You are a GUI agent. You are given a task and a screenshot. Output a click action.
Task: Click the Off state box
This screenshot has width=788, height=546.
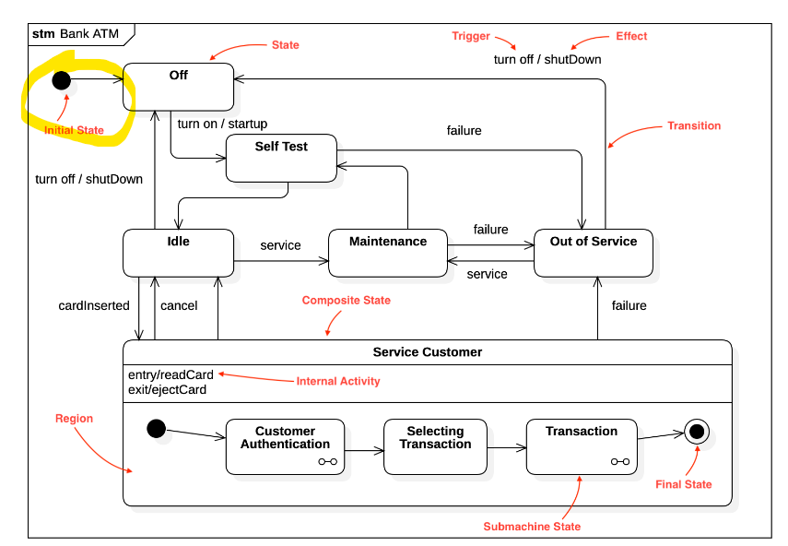pyautogui.click(x=178, y=86)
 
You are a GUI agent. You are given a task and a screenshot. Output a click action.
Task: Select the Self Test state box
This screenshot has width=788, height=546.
pyautogui.click(x=281, y=158)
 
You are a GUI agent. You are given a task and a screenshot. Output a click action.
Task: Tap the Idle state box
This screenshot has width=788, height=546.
pyautogui.click(x=178, y=252)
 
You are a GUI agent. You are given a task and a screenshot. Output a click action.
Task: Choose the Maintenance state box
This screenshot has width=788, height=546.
pyautogui.click(x=387, y=252)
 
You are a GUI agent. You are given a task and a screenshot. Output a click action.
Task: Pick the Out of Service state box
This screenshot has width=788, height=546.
pyautogui.click(x=594, y=252)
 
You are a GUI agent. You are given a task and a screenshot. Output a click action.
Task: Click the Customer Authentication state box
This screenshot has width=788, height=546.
pyautogui.click(x=285, y=446)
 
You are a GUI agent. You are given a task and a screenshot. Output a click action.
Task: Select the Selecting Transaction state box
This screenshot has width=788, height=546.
pyautogui.click(x=435, y=446)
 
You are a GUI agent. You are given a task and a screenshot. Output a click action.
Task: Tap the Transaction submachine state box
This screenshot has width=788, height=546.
pyautogui.click(x=582, y=446)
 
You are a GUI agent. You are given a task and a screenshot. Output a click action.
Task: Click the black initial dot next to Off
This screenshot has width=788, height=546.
pyautogui.click(x=61, y=80)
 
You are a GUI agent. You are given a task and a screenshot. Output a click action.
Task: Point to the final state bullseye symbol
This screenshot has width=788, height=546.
pyautogui.click(x=696, y=431)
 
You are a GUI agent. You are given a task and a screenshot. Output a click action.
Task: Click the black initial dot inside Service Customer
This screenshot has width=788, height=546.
pyautogui.click(x=156, y=428)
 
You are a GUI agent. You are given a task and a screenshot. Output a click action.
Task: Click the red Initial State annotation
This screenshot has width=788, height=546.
pyautogui.click(x=74, y=130)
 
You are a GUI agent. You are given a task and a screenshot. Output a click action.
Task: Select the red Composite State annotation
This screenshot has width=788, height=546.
pyautogui.click(x=347, y=300)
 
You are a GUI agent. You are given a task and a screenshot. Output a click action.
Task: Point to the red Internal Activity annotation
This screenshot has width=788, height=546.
pyautogui.click(x=337, y=381)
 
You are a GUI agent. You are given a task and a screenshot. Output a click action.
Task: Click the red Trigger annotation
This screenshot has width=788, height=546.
pyautogui.click(x=471, y=36)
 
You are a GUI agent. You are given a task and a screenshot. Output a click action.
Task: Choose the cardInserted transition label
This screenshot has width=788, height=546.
pyautogui.click(x=94, y=305)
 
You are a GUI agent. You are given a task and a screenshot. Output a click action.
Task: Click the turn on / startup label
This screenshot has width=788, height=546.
pyautogui.click(x=222, y=123)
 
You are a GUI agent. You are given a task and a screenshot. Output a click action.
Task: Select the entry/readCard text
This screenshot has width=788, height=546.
pyautogui.click(x=171, y=374)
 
